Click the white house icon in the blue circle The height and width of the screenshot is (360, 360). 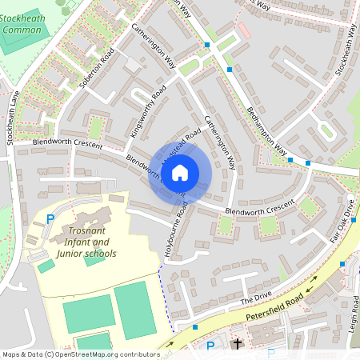(x=180, y=171)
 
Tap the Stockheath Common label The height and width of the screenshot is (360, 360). (x=22, y=23)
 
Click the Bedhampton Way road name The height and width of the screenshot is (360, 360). (x=266, y=128)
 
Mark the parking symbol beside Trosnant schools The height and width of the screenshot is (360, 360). (x=51, y=218)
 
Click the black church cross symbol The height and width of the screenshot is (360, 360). (x=237, y=344)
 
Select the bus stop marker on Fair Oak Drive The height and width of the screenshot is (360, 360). (x=342, y=263)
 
